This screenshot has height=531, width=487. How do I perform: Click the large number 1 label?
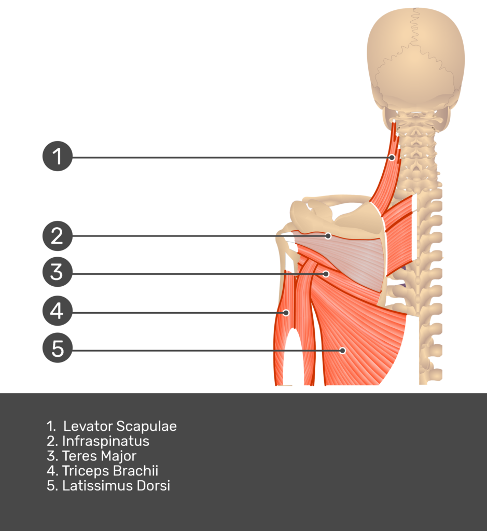coord(57,157)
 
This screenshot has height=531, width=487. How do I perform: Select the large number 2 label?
coord(57,236)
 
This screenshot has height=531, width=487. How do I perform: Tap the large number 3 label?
coord(56,272)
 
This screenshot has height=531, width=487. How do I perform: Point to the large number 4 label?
coord(56,311)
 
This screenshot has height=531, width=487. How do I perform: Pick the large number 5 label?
coord(57,349)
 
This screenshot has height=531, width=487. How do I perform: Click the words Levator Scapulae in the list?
coord(120,426)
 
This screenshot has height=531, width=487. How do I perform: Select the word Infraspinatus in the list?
coord(105,441)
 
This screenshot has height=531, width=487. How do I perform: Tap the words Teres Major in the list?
coord(99,456)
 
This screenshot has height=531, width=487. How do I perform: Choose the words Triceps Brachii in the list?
coord(110,471)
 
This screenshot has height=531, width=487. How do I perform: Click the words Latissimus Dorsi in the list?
coord(116,486)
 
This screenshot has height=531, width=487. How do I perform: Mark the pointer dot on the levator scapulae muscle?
coord(392,157)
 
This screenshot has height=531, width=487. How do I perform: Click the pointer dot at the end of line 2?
coord(328,236)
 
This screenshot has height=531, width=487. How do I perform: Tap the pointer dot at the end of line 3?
coord(326,273)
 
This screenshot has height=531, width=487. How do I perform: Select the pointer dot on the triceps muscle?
coord(286,313)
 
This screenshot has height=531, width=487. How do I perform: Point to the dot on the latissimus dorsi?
coord(342,351)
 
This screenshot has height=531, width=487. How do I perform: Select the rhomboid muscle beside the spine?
coord(402,233)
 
